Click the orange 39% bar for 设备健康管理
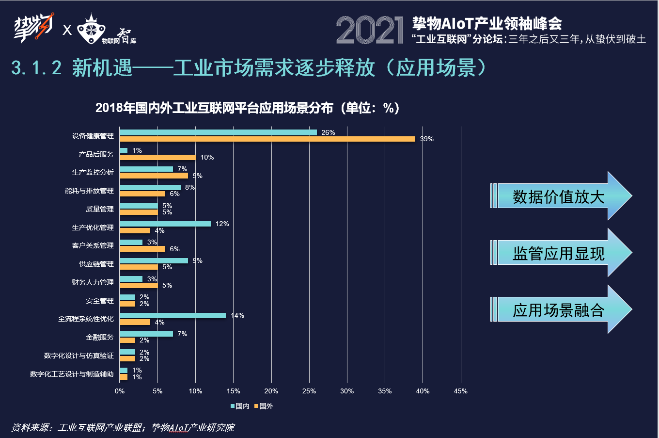(267, 139)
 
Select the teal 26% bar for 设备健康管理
(218, 132)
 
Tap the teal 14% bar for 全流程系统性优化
(173, 315)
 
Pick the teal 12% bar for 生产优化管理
(165, 224)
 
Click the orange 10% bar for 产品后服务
(157, 157)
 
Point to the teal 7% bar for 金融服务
(146, 334)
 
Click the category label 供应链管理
(96, 264)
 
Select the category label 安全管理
(100, 301)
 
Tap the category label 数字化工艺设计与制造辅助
(72, 374)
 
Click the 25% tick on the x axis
(309, 391)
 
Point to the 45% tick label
(460, 391)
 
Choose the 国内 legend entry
(240, 406)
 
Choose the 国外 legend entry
(264, 406)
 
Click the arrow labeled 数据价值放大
(560, 196)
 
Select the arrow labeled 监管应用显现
(560, 253)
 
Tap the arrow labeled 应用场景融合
(560, 309)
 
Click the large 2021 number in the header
(370, 30)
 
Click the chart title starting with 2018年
(247, 108)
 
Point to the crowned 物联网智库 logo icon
(93, 29)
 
